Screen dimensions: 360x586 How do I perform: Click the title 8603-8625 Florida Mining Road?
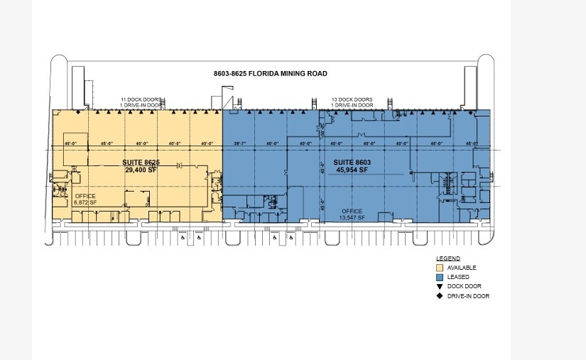click(x=270, y=74)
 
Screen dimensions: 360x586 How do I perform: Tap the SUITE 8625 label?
click(x=141, y=163)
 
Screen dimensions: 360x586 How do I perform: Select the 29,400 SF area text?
click(x=141, y=170)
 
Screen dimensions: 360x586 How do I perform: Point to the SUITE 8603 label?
click(x=352, y=163)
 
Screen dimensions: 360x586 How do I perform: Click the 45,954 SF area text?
click(x=352, y=170)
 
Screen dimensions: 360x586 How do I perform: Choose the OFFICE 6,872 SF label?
click(x=85, y=200)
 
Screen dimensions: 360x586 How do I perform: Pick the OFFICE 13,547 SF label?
click(x=352, y=214)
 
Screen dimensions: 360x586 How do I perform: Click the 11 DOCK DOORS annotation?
click(x=141, y=99)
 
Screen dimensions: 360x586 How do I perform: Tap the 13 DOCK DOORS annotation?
click(x=352, y=99)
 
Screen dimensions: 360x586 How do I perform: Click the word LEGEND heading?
click(x=447, y=258)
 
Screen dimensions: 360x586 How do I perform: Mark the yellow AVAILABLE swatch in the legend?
click(x=440, y=268)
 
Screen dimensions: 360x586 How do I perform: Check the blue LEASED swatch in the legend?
click(x=440, y=277)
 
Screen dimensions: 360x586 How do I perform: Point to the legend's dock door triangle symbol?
click(x=440, y=286)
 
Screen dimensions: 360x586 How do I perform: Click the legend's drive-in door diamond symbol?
click(x=440, y=296)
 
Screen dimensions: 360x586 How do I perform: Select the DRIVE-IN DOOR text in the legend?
click(x=468, y=296)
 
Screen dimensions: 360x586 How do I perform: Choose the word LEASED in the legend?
click(x=458, y=277)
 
